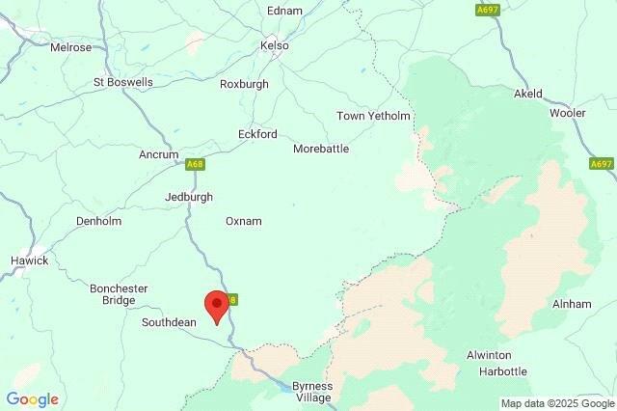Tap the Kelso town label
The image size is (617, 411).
pos(275,45)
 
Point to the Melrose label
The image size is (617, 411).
pos(70,46)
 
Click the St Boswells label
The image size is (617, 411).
pos(122,83)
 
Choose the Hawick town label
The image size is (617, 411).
pos(29,260)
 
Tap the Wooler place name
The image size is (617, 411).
pos(567,113)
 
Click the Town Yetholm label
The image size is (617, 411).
pos(373,117)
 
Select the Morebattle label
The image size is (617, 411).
pos(321,150)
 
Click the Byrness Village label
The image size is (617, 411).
pos(311,392)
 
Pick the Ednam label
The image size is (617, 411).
pos(284,11)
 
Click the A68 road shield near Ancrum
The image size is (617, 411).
pos(196,165)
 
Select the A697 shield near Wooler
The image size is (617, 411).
pos(602,165)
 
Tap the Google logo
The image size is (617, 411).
pos(32,399)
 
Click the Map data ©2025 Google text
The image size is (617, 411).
pos(556,402)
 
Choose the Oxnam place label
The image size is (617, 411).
pos(243,221)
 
